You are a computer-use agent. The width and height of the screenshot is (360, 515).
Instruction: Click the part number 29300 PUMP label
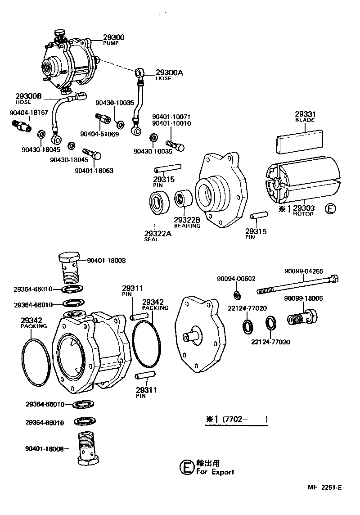(113, 39)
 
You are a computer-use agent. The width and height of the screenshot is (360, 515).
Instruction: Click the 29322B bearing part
(183, 199)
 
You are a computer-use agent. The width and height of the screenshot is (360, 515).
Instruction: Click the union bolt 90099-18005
(302, 318)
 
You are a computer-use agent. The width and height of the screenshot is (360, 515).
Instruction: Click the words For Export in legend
(215, 472)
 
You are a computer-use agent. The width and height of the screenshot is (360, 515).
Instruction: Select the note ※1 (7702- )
(237, 419)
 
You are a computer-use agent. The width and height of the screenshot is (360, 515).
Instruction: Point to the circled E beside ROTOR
(331, 209)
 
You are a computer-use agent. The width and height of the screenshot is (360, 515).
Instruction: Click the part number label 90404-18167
(29, 113)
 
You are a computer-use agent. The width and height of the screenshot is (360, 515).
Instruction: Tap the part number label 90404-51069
(99, 134)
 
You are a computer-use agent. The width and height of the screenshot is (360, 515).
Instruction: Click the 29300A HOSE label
(169, 74)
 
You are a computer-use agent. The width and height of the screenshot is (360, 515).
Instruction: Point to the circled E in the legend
(186, 467)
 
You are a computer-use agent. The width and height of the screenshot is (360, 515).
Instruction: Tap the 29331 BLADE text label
(305, 117)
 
